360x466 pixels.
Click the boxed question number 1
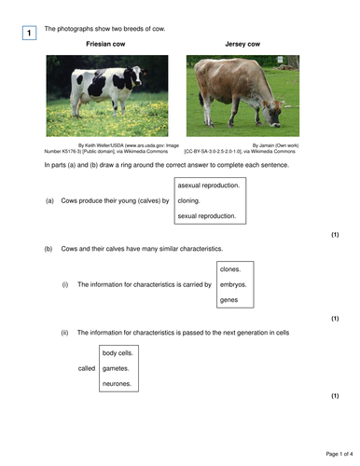click(28, 34)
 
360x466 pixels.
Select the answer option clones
click(230, 268)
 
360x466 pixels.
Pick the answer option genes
click(228, 300)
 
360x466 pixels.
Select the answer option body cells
click(118, 352)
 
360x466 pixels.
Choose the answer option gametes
click(117, 368)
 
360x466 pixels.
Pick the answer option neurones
click(118, 384)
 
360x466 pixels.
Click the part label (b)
click(49, 249)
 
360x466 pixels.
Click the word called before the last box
click(87, 368)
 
